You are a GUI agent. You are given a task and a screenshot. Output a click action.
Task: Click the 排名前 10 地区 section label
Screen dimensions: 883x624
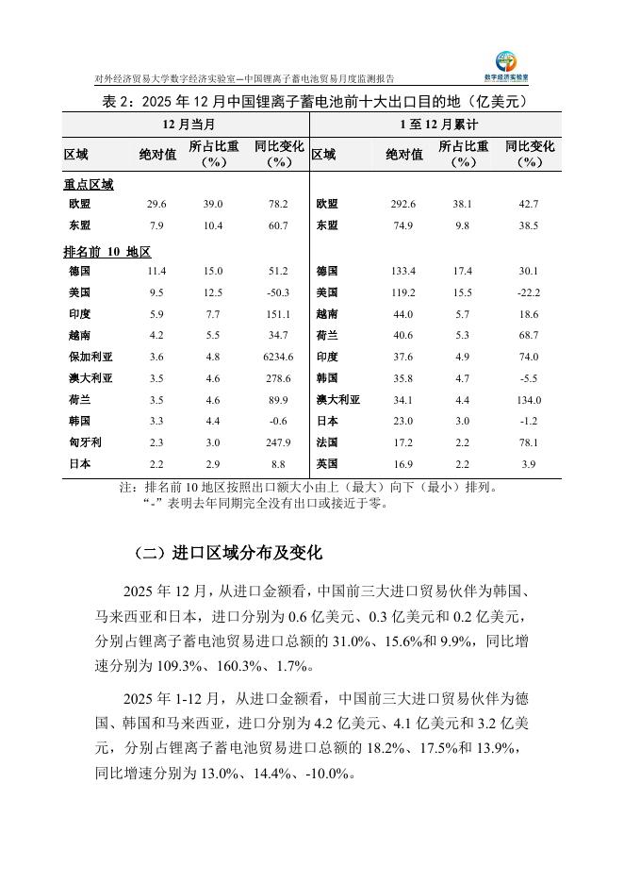coord(107,252)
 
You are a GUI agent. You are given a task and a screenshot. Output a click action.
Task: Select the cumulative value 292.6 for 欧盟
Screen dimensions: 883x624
coord(403,204)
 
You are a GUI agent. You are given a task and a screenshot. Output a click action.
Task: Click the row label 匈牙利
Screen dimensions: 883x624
coord(85,442)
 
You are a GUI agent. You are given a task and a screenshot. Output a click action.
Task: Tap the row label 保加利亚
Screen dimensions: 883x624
coord(90,357)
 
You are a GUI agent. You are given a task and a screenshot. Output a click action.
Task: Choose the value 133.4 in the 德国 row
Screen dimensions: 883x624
coord(403,271)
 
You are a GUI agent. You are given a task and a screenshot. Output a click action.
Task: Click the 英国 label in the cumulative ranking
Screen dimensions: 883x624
coord(327,464)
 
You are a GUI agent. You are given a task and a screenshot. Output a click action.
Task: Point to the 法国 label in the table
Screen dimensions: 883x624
coord(327,442)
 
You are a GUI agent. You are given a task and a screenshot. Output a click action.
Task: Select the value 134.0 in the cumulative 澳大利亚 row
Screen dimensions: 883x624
coord(529,400)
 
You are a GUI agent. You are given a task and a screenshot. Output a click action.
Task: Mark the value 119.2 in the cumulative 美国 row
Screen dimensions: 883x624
coord(403,292)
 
